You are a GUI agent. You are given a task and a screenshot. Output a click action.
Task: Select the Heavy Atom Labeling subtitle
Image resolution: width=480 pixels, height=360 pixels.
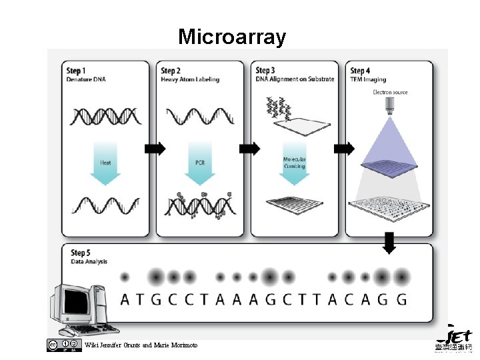coord(190,79)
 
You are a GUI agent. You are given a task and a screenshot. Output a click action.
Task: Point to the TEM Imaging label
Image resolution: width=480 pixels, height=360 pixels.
coord(369,79)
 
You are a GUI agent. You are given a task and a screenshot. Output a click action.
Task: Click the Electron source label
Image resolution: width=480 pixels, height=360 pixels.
coord(390,92)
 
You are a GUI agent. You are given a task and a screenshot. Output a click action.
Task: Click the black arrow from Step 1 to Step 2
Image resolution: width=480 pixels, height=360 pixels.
coord(155,149)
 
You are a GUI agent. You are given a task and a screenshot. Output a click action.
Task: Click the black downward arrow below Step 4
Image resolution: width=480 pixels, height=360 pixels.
coord(390,244)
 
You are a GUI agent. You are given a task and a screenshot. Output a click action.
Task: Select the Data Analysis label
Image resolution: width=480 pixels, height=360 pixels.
coord(89,261)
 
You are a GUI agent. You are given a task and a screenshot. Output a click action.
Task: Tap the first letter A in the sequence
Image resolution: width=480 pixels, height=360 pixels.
coord(125,299)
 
